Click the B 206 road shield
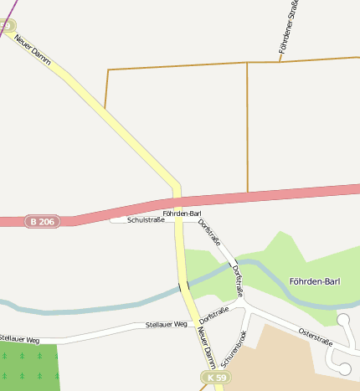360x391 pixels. tap(41, 221)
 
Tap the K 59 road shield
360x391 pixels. tap(215, 378)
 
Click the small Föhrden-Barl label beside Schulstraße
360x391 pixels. tap(182, 214)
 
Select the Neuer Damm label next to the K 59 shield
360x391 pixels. tap(206, 346)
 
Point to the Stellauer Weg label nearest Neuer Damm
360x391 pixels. tap(166, 324)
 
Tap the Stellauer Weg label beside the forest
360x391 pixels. tap(20, 340)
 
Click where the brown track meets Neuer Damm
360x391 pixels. tap(105, 108)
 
